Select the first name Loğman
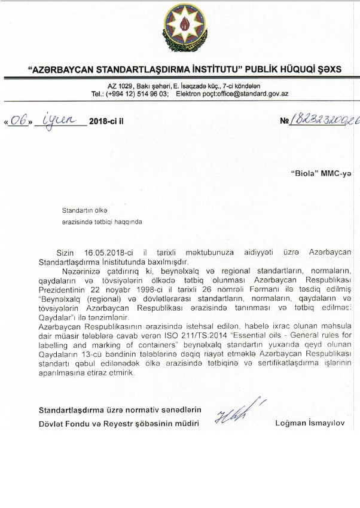click(x=288, y=424)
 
